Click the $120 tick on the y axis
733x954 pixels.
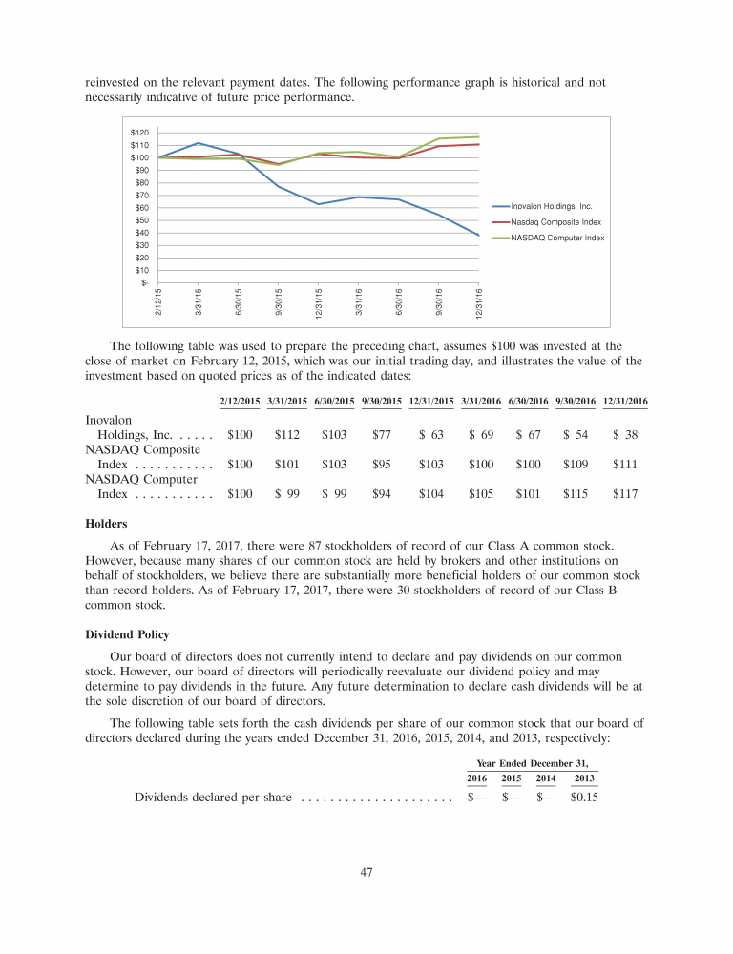coord(139,133)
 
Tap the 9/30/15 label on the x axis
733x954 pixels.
coord(280,299)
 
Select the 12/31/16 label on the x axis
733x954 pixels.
coord(479,299)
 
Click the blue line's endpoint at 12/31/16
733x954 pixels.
coord(478,235)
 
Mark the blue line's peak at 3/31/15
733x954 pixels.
coord(198,143)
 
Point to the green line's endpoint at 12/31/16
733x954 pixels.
coord(478,136)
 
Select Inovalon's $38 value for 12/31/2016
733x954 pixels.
coord(626,435)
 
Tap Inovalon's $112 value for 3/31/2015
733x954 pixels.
coord(287,435)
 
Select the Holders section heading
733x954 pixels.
coord(108,523)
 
